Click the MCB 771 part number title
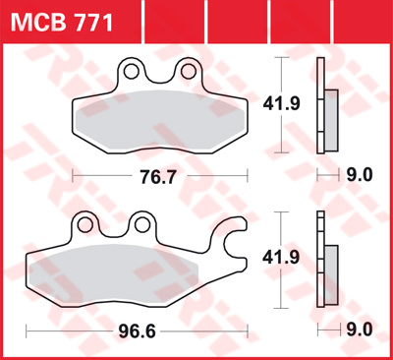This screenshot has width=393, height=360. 62,23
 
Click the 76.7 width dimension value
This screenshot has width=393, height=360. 158,177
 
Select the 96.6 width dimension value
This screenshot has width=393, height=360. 138,331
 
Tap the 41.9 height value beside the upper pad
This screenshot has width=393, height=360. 282,103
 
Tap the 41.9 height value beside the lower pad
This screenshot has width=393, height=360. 281,258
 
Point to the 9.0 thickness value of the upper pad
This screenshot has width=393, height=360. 360,175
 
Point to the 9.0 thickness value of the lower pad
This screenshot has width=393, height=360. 360,330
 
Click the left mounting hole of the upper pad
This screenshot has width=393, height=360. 132,71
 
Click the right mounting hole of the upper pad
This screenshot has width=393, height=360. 189,71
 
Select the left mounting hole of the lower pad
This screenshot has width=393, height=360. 85,225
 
